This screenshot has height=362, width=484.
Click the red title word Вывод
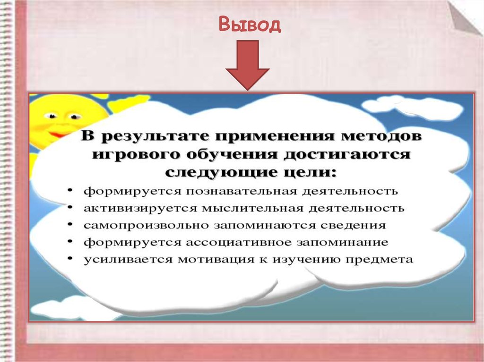pos(250,25)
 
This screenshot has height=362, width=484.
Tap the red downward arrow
pos(247,64)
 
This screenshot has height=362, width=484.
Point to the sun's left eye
pos(50,115)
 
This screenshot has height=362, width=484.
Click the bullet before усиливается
pos(70,259)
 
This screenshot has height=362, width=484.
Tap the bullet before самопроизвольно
pos(70,225)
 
